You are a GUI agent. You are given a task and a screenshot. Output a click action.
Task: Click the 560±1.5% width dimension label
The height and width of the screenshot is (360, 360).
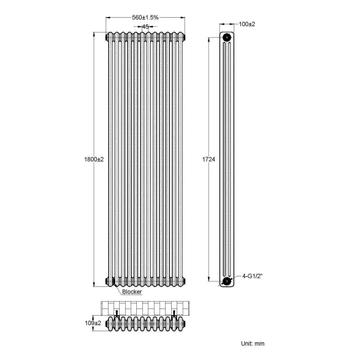point(146,17)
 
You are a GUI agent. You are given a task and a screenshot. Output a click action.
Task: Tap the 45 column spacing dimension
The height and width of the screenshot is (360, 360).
point(145,26)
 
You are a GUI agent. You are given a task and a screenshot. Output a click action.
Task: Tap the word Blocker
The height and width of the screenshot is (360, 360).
point(132,291)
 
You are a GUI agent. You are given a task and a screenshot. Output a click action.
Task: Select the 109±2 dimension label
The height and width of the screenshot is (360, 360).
point(94,323)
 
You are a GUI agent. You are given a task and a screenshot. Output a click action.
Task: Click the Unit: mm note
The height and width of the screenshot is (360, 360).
point(253,343)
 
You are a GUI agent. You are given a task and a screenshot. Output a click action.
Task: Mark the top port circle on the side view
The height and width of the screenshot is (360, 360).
point(227,38)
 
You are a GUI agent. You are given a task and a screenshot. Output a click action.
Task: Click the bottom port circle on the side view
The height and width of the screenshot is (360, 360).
point(227,281)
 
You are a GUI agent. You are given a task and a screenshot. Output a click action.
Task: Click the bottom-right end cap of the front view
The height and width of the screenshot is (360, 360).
point(185,281)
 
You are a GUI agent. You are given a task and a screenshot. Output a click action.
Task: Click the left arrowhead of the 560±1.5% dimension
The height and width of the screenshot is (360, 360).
point(107,17)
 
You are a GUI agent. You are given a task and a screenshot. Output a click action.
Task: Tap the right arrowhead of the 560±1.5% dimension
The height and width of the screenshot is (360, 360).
point(184,17)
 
